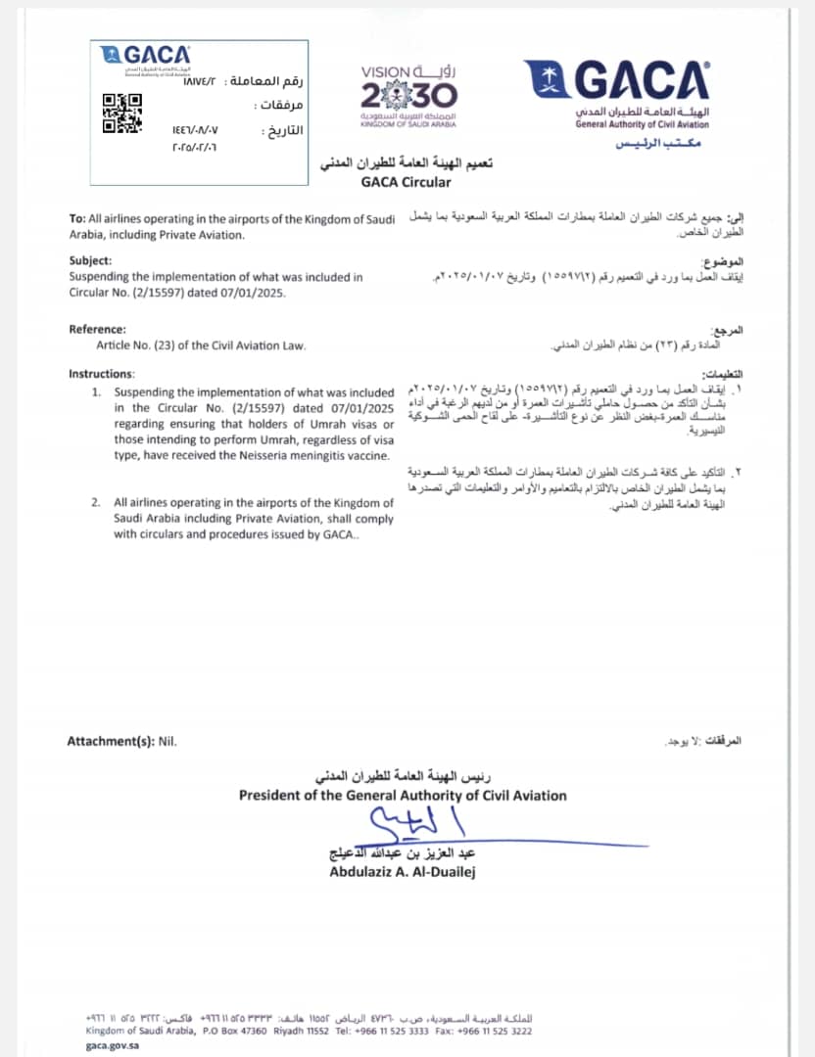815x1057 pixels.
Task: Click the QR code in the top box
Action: click(122, 113)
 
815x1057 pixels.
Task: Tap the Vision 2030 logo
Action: click(407, 91)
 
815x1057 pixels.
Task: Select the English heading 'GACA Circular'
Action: click(407, 182)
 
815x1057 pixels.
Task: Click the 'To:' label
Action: click(77, 219)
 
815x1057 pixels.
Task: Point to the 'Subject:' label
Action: click(91, 261)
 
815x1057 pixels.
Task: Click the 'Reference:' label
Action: click(97, 330)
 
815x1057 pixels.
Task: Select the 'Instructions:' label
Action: click(102, 374)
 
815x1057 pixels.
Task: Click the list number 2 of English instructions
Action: click(96, 503)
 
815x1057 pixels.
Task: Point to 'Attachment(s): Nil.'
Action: click(122, 741)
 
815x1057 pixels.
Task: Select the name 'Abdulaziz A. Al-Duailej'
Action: click(403, 871)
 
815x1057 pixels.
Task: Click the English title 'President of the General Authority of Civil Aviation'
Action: click(403, 796)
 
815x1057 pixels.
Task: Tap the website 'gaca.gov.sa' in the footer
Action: click(114, 1045)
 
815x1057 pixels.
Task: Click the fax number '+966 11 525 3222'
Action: click(498, 1031)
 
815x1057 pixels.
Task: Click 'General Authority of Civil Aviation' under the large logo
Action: click(642, 124)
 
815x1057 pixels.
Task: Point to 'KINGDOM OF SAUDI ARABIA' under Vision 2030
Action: click(408, 125)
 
